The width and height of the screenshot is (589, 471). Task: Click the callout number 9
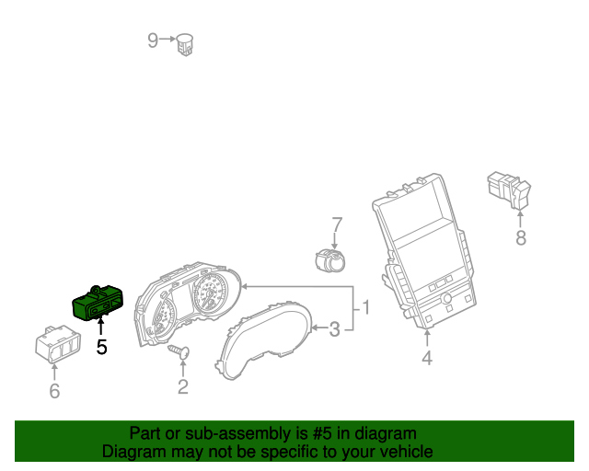point(153,40)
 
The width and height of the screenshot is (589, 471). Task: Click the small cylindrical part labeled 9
point(188,42)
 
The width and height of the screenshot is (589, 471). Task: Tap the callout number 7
point(337,224)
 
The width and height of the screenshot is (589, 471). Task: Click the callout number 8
point(521,239)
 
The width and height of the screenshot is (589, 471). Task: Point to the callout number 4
point(427,358)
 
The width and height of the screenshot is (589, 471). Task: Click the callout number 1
point(365,307)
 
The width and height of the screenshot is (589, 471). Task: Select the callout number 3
point(335,328)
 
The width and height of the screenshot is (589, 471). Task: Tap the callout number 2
point(182,387)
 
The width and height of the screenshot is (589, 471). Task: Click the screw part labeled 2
point(179,352)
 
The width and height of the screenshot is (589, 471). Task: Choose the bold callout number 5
point(102,348)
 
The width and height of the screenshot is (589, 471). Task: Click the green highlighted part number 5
point(98,302)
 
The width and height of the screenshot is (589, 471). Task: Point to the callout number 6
point(53,391)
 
